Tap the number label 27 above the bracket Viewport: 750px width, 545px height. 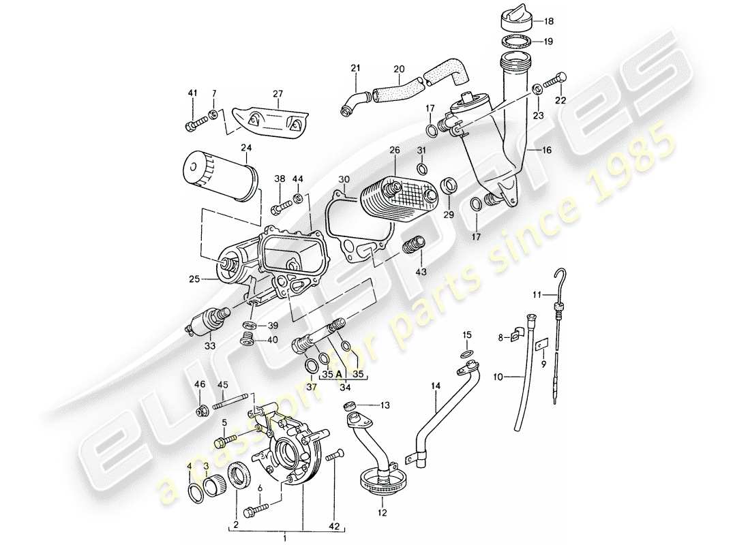tap(277, 94)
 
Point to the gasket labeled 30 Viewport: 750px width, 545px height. tap(358, 225)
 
